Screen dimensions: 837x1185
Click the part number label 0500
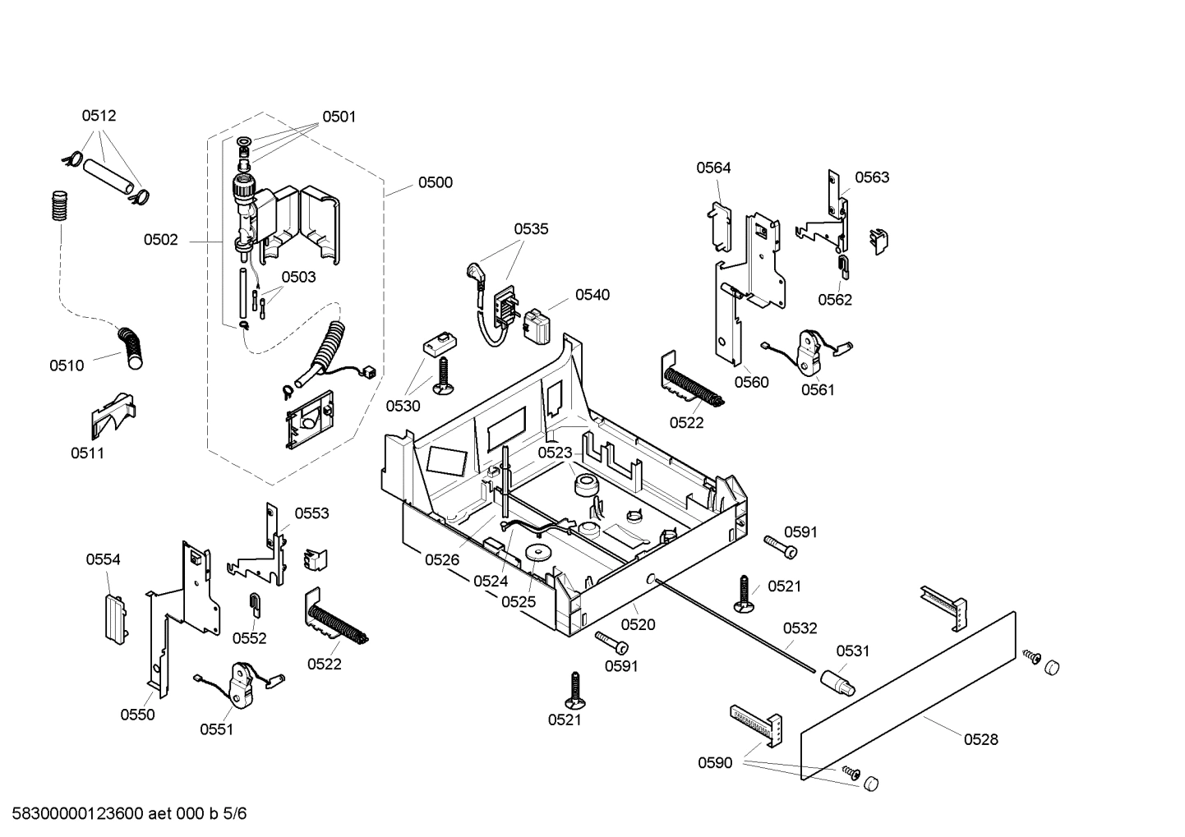pyautogui.click(x=435, y=182)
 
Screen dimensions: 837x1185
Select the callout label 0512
pyautogui.click(x=99, y=116)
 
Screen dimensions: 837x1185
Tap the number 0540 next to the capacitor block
pyautogui.click(x=592, y=295)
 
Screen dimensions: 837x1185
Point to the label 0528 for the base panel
pyautogui.click(x=980, y=739)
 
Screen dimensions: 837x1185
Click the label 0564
pyautogui.click(x=713, y=168)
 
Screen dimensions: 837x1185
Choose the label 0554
pyautogui.click(x=103, y=559)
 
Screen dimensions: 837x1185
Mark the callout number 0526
pyautogui.click(x=442, y=559)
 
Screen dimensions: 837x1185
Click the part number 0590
pyautogui.click(x=715, y=763)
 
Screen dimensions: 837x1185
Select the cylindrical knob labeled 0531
pyautogui.click(x=837, y=681)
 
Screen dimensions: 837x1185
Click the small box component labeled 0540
pyautogui.click(x=539, y=325)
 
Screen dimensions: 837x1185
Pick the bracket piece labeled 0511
pyautogui.click(x=112, y=416)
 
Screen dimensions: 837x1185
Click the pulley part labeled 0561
pyautogui.click(x=812, y=349)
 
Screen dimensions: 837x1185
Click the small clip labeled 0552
pyautogui.click(x=255, y=604)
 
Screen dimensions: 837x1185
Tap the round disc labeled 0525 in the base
pyautogui.click(x=539, y=553)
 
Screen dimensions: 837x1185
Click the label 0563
pyautogui.click(x=871, y=177)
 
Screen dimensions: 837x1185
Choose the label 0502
pyautogui.click(x=160, y=240)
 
